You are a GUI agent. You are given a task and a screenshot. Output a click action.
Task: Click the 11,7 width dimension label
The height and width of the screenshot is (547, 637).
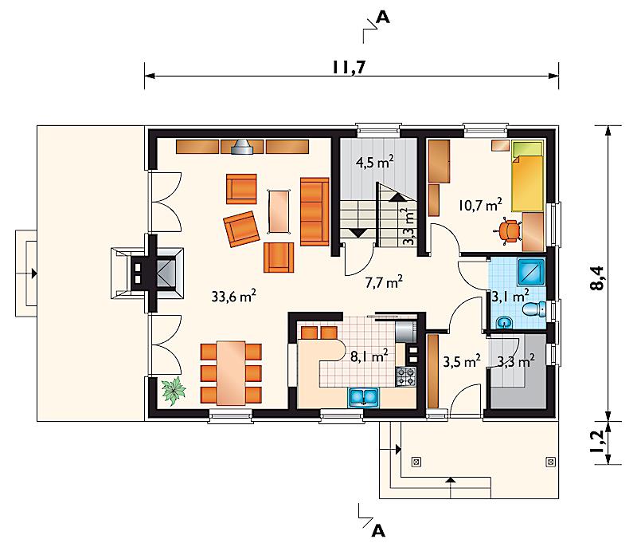coord(349,67)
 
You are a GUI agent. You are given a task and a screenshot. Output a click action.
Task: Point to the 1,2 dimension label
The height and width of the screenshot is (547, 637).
coord(597,442)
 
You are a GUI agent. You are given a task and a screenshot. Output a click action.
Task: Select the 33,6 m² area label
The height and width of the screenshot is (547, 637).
coord(233,296)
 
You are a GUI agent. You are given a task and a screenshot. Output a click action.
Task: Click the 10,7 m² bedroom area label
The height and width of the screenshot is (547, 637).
coord(480,205)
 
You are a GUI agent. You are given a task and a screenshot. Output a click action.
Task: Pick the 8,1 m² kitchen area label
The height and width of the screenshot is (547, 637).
coord(369,356)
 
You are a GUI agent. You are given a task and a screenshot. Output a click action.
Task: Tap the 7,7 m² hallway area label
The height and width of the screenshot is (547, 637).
coord(384,281)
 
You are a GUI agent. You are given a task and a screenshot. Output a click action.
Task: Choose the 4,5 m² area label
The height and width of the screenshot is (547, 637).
coord(374,163)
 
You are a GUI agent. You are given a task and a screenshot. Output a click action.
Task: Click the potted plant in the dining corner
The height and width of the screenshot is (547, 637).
coord(174,391)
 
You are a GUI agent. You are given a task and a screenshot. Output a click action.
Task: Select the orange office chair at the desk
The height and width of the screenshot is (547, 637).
coord(508,231)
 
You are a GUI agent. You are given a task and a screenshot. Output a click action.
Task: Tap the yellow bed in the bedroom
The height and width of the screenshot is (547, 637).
coord(527,176)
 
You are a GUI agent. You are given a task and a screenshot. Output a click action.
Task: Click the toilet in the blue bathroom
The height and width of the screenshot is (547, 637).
coord(534,309)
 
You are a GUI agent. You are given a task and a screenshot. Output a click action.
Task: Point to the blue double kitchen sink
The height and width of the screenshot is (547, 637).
coord(364,397)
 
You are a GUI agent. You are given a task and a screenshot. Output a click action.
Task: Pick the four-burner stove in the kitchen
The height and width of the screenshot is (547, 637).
coord(406,376)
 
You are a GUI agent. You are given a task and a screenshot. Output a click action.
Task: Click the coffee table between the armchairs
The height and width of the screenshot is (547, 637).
coord(279,212)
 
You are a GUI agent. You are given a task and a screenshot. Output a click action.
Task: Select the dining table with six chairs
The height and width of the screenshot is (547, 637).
coord(231,373)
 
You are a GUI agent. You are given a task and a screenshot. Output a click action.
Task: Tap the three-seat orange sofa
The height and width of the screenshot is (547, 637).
coord(315,211)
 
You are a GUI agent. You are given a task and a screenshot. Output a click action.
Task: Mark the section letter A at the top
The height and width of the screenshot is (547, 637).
coord(383,17)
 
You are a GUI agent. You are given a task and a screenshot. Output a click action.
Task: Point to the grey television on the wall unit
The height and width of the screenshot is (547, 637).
coord(242,148)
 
